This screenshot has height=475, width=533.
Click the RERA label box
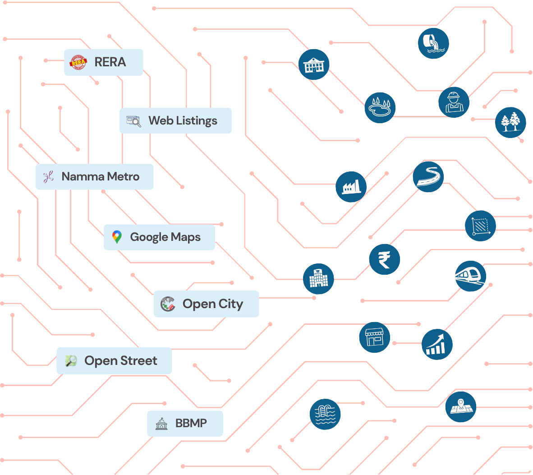[103, 62]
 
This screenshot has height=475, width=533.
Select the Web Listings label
[175, 120]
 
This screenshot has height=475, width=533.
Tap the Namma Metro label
[94, 176]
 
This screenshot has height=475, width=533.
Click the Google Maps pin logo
[117, 237]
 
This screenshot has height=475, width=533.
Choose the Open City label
[206, 304]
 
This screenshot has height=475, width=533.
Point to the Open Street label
[114, 360]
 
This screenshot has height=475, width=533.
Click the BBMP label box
[185, 423]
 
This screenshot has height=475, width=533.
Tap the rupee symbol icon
[384, 259]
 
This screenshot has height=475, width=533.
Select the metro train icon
[470, 276]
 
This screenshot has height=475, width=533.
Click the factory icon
[351, 186]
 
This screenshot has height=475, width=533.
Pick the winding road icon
[428, 177]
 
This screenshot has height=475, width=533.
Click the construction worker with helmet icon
[454, 102]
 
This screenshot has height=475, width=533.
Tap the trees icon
[510, 122]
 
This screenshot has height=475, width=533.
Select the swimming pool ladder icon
[325, 414]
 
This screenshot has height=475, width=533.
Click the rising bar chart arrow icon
[437, 344]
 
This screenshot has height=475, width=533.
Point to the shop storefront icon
[374, 337]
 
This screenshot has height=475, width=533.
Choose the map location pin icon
[460, 407]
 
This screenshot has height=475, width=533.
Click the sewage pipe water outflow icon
[433, 43]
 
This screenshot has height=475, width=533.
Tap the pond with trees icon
[380, 107]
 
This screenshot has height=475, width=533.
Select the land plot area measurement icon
[480, 226]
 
